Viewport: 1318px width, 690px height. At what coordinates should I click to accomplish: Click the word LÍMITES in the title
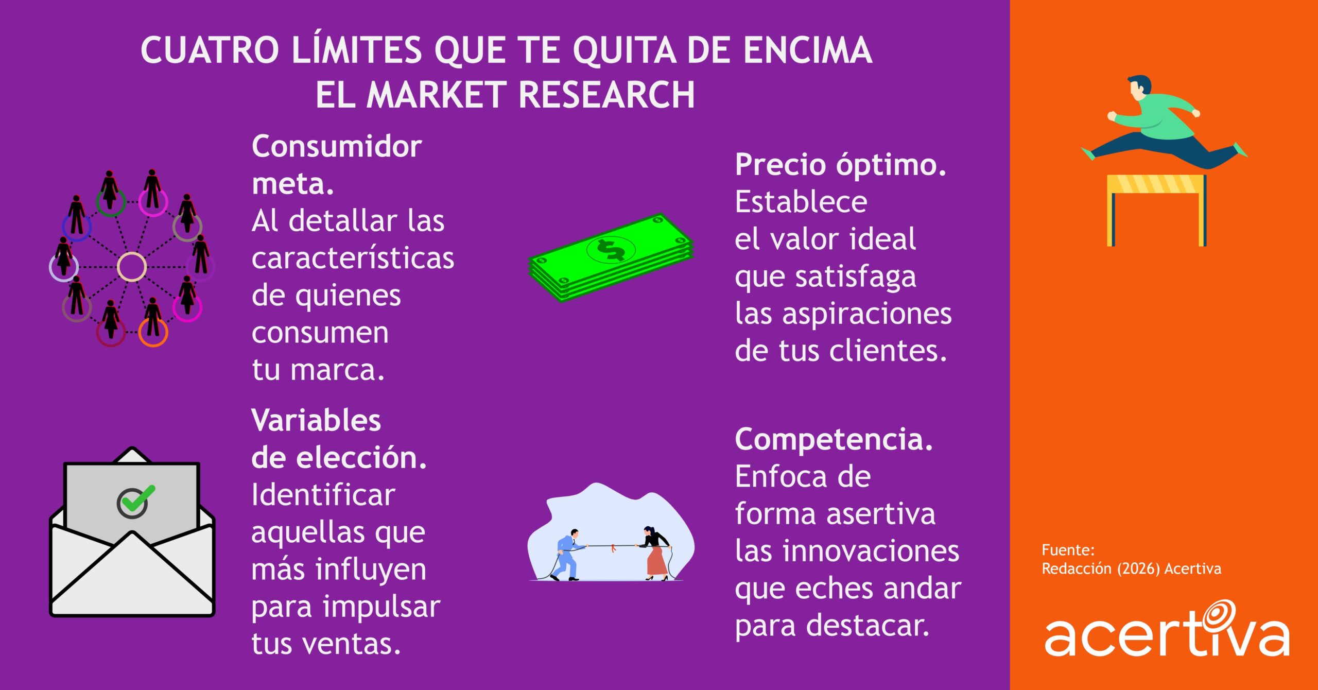click(x=357, y=50)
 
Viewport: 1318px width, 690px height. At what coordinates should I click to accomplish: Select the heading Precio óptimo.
click(x=840, y=165)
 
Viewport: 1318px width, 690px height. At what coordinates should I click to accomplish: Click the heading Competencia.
click(x=834, y=439)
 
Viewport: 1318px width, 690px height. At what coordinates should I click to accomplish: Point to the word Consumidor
click(x=337, y=147)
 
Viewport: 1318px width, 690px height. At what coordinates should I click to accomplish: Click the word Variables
click(x=316, y=421)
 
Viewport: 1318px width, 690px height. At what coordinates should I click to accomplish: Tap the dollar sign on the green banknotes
click(x=611, y=250)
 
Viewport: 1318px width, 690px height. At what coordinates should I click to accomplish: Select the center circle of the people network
click(x=132, y=267)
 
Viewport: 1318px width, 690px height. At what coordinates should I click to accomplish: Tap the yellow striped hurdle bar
click(x=1156, y=184)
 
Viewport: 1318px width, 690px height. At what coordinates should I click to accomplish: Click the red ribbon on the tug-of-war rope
click(x=613, y=548)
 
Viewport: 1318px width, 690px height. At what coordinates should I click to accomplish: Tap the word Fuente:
click(x=1068, y=550)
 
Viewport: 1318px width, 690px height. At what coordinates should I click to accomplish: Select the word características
click(x=353, y=258)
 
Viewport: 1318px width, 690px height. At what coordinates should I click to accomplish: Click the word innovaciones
click(x=871, y=551)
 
